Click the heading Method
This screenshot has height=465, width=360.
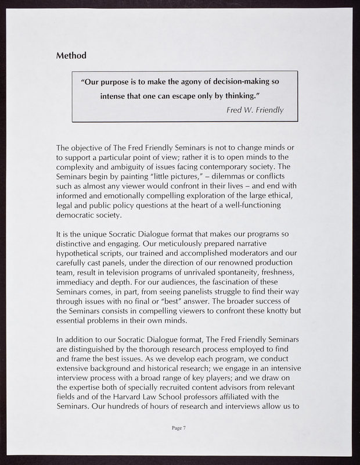71,56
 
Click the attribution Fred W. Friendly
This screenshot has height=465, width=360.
255,110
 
